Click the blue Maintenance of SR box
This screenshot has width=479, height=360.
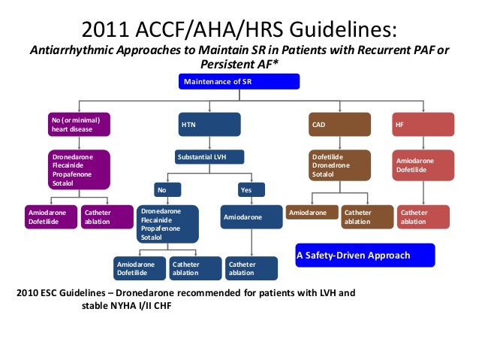(239, 81)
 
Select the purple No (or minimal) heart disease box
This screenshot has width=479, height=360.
(79, 124)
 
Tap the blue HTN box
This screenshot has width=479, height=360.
(209, 124)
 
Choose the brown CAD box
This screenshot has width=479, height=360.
(339, 124)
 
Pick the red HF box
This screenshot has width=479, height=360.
(423, 124)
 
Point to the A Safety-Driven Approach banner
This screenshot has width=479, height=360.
(364, 256)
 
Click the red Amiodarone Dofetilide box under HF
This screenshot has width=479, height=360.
(423, 166)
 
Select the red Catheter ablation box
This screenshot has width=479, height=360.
(423, 217)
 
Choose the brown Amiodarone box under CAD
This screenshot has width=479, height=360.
(310, 214)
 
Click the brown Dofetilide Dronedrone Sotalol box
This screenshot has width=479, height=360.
(339, 166)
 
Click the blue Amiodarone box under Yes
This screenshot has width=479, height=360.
(252, 217)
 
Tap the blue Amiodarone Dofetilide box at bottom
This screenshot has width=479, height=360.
(138, 269)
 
